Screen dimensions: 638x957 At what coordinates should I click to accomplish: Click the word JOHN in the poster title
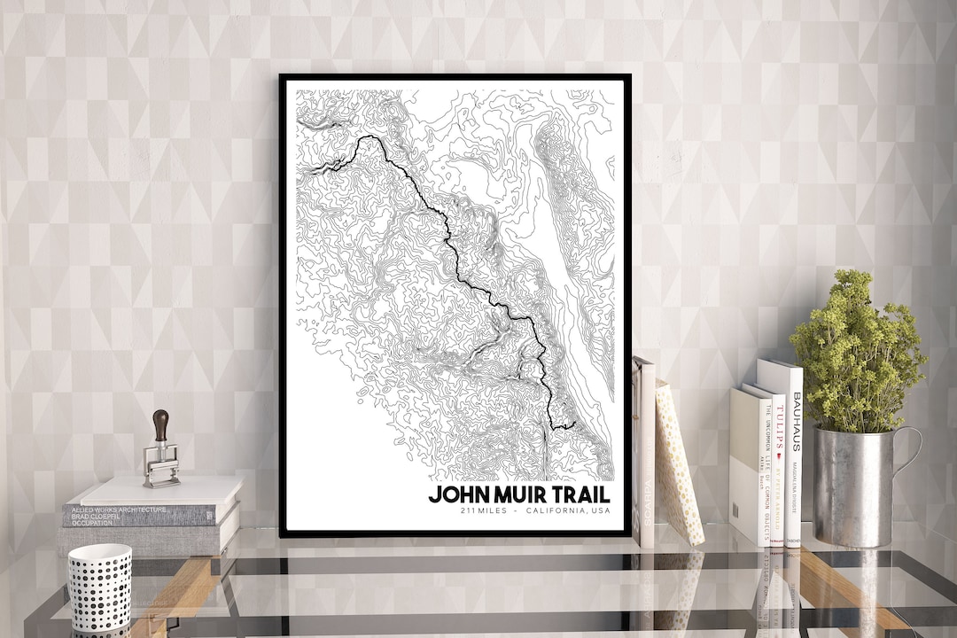click(457, 494)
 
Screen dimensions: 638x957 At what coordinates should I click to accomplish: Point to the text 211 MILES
click(482, 511)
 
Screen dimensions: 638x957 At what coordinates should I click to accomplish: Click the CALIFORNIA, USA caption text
click(567, 511)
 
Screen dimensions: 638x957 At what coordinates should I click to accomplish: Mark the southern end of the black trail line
click(573, 425)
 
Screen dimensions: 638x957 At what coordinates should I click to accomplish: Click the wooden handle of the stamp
click(160, 425)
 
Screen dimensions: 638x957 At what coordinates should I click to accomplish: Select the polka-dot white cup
click(99, 587)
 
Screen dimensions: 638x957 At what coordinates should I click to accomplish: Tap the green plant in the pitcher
click(856, 354)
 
